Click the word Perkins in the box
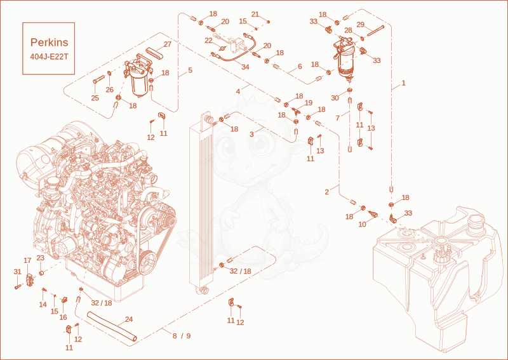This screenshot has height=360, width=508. click(x=50, y=43)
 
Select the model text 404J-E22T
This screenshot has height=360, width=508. click(x=50, y=57)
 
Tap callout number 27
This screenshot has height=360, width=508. click(x=167, y=44)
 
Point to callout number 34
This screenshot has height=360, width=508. click(x=245, y=67)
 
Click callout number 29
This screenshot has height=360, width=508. click(x=361, y=25)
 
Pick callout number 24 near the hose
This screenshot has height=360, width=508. click(x=129, y=319)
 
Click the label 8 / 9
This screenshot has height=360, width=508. click(x=182, y=336)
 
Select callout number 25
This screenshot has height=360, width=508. click(x=95, y=98)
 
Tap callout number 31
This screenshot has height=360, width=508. click(x=18, y=272)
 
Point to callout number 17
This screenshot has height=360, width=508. click(x=27, y=260)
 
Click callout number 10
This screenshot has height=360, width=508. click(x=362, y=224)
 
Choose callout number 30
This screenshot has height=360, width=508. click(x=335, y=98)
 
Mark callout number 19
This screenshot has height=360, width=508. click(x=309, y=103)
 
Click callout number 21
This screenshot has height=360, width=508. click(x=255, y=14)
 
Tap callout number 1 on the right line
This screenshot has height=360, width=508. click(x=403, y=83)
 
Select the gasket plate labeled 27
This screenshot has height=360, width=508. click(x=154, y=52)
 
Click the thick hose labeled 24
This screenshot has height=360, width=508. click(x=112, y=326)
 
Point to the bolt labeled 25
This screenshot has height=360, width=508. click(x=99, y=79)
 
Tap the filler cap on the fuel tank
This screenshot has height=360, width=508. click(x=476, y=222)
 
